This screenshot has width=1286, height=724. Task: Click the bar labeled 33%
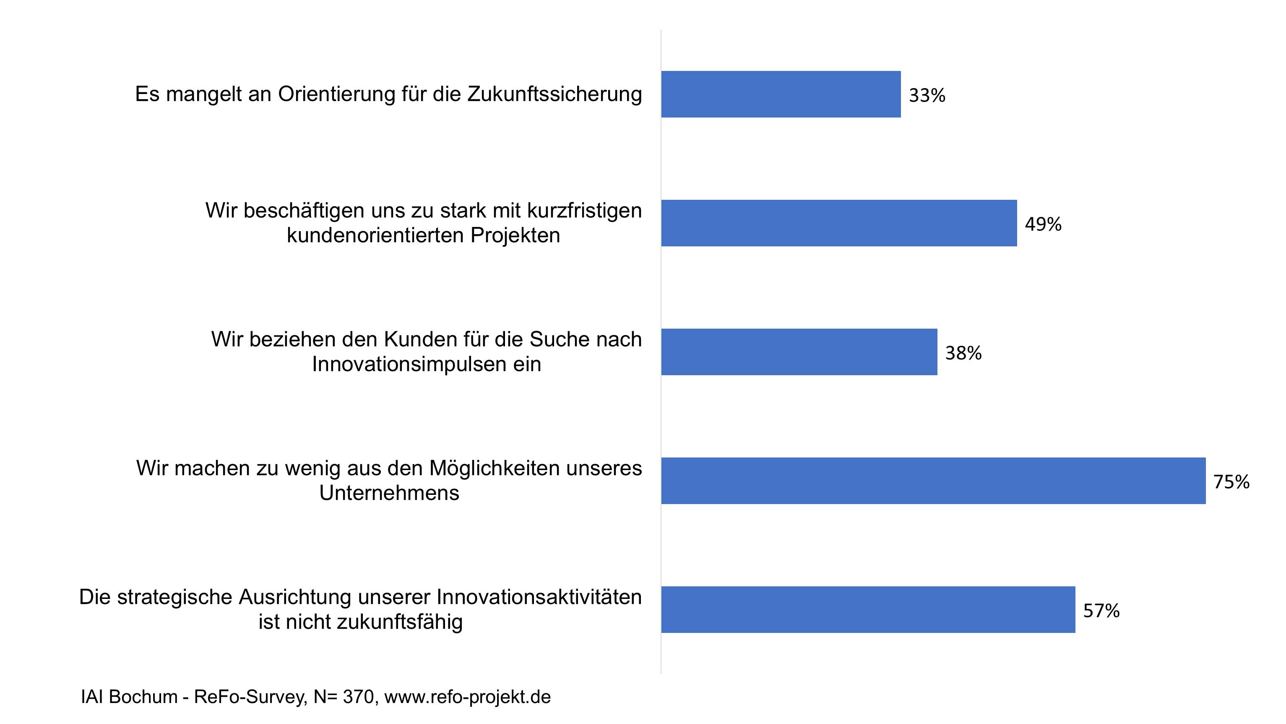pos(781,94)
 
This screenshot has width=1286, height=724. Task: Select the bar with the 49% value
pos(839,223)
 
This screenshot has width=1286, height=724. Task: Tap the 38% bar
pos(799,352)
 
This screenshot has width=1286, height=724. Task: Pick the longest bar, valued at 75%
pos(933,481)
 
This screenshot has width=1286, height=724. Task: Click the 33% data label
pos(927,95)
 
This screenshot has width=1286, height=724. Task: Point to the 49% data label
pos(1043,225)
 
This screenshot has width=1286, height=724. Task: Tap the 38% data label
pos(963,353)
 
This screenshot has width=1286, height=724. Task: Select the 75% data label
pos(1231,482)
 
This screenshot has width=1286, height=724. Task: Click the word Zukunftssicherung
pos(554,94)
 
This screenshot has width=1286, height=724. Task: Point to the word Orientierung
pos(336,94)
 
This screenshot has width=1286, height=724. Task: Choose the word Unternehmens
pos(389,493)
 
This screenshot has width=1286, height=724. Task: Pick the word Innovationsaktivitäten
pos(539,598)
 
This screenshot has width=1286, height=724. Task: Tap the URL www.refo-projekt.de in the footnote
pos(467,697)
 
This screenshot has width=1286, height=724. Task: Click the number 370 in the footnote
pos(359,697)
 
